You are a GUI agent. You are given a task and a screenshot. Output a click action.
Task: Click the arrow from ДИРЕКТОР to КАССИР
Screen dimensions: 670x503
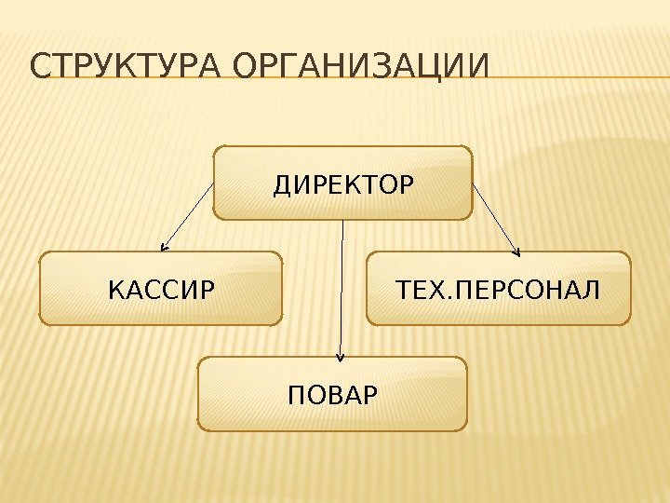point(188,217)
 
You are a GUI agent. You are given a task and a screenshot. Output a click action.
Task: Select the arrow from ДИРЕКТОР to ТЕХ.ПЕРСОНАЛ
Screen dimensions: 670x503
point(496,217)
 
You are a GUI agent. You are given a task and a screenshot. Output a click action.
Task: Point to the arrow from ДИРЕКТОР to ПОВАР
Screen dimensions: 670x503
point(343,289)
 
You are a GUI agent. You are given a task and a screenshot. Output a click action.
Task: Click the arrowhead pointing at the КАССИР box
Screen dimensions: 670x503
point(164,248)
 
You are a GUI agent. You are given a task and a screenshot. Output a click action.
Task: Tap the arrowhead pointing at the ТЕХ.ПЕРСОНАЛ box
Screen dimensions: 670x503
point(517,249)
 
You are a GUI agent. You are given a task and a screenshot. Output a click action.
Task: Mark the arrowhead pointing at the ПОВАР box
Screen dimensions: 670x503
point(342,355)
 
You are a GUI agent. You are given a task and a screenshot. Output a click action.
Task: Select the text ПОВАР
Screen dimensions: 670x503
point(333,395)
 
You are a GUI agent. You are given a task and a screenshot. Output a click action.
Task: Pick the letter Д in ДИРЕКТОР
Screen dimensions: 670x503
point(281,184)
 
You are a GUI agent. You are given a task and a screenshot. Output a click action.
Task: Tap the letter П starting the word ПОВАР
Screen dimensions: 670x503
point(297,395)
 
